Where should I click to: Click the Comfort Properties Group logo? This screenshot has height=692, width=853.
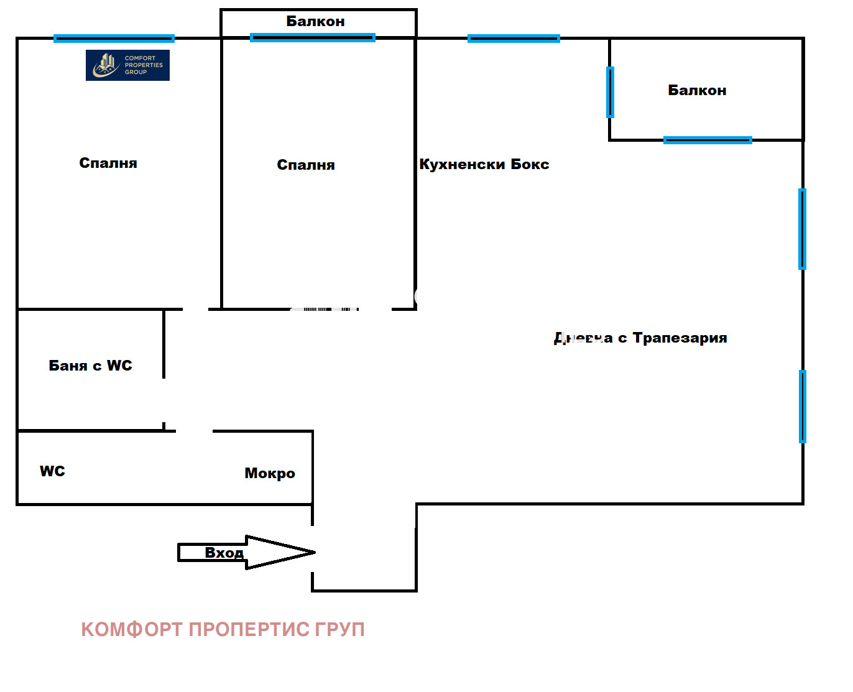click(x=127, y=65)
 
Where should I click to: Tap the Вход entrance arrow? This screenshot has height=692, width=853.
click(x=280, y=552)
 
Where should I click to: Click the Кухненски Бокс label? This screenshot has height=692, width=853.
click(x=484, y=165)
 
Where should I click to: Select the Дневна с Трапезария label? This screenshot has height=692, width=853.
click(x=640, y=338)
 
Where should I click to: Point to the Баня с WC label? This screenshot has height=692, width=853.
click(x=90, y=366)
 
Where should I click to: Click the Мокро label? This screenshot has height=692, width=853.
click(x=270, y=474)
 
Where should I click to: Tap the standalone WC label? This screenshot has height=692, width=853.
click(x=52, y=471)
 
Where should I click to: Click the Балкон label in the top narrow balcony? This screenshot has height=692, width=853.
click(x=315, y=22)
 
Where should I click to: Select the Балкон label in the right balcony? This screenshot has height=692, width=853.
click(x=697, y=91)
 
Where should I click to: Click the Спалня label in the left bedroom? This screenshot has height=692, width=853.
click(x=108, y=164)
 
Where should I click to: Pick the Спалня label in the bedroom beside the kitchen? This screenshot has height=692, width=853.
click(x=305, y=165)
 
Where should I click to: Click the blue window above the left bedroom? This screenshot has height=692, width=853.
click(x=114, y=39)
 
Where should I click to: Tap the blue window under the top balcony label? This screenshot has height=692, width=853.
click(x=312, y=38)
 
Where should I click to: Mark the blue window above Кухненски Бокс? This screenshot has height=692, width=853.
click(x=514, y=39)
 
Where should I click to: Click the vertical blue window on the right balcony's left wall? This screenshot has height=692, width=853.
click(x=610, y=92)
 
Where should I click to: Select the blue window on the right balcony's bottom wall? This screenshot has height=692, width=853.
click(x=708, y=141)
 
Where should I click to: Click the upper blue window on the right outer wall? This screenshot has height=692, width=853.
click(x=802, y=229)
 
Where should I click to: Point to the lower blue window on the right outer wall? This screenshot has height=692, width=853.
click(x=802, y=406)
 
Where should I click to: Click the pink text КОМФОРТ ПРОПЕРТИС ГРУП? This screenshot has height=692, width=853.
click(x=223, y=629)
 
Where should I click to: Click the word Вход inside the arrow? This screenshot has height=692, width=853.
click(x=224, y=553)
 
